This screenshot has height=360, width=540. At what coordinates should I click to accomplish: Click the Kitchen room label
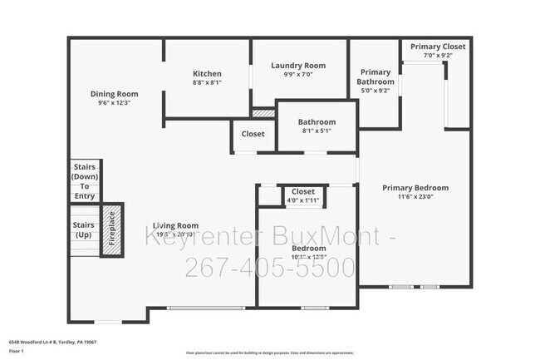coord(207,73)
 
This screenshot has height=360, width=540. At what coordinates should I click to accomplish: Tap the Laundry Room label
coord(298,66)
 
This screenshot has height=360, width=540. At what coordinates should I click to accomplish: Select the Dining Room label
coord(115,94)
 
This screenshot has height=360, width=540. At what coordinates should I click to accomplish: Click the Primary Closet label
coord(437,47)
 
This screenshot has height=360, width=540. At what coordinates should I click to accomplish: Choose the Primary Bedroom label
coord(415,188)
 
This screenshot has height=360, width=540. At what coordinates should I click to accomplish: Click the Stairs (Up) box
coord(83,230)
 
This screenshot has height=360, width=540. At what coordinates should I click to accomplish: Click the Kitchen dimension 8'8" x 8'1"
coord(207,82)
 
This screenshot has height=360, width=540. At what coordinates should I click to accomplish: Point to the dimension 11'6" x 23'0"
coord(415,197)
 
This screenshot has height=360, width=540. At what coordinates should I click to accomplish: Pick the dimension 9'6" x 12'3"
coord(115,103)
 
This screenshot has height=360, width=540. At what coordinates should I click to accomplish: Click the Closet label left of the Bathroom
coord(253,134)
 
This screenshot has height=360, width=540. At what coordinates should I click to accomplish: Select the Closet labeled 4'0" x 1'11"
coord(302,192)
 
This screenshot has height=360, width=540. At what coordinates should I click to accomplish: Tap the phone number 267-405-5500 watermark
coord(269,268)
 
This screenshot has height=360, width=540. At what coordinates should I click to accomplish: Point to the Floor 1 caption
coord(17,352)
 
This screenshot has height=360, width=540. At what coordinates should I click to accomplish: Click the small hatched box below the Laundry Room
coord(263,112)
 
